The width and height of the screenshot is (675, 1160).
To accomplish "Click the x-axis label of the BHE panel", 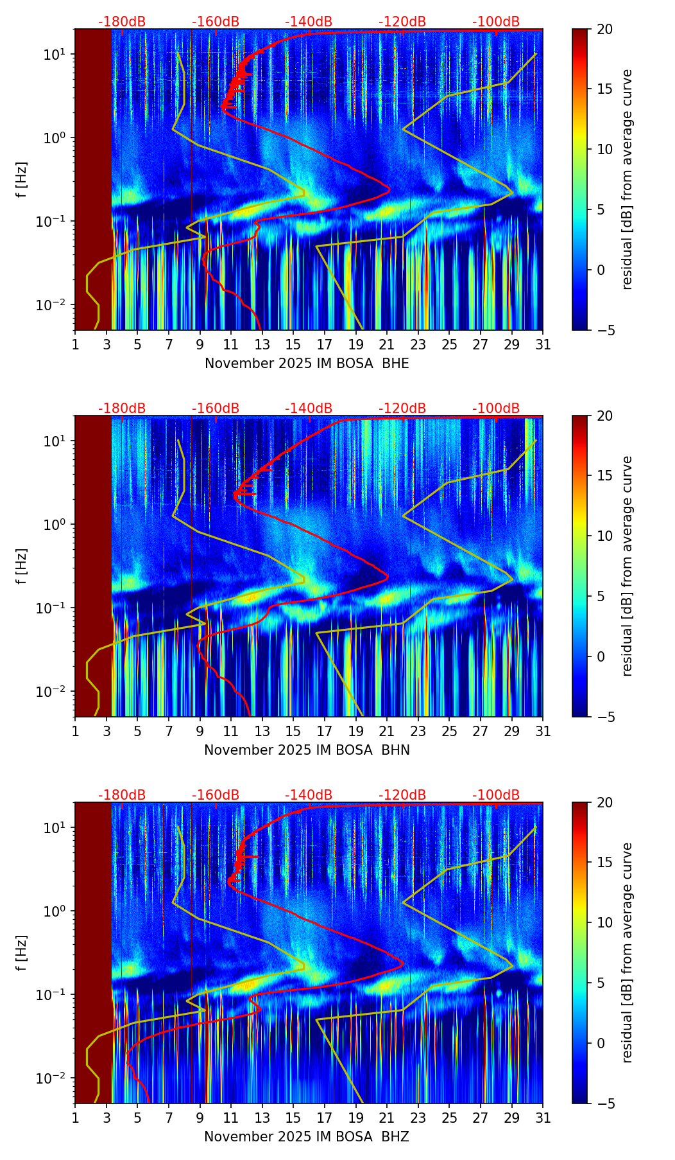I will pyautogui.click(x=307, y=364).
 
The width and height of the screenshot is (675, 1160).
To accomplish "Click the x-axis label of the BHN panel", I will pyautogui.click(x=307, y=750).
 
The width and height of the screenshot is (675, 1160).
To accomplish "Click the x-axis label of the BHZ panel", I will pyautogui.click(x=307, y=1137).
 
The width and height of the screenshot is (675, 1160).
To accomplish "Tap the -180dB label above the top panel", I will pyautogui.click(x=122, y=22).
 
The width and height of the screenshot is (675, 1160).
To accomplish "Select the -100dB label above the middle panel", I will pyautogui.click(x=496, y=409).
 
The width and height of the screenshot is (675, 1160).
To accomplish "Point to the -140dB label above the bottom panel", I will pyautogui.click(x=309, y=795).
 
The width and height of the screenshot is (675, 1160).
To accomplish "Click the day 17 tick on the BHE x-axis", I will pyautogui.click(x=325, y=344).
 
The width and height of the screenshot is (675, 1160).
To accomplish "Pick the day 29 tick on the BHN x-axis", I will pyautogui.click(x=512, y=731).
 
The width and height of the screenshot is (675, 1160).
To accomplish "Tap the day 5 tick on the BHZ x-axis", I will pyautogui.click(x=137, y=1118).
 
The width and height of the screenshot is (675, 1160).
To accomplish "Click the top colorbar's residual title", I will pyautogui.click(x=627, y=179).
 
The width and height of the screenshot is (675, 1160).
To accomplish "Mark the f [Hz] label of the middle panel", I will pyautogui.click(x=22, y=566).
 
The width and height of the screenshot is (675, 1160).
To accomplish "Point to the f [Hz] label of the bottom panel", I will pyautogui.click(x=22, y=953).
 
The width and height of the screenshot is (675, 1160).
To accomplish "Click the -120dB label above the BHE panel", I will pyautogui.click(x=402, y=22).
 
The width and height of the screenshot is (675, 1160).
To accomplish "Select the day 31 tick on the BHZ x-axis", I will pyautogui.click(x=543, y=1118).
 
